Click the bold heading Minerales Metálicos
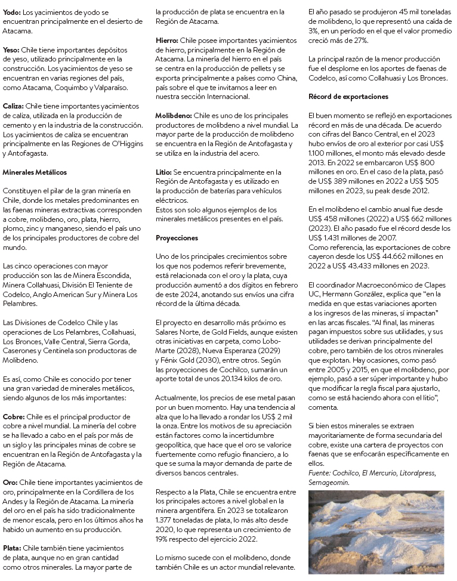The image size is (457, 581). coord(34,172)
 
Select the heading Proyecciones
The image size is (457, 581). coord(177,237)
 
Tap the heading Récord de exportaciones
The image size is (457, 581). coord(348,96)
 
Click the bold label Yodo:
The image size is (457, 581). coord(11,11)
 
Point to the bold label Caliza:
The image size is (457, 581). coord(14,106)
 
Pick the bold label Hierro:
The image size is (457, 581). coord(167,41)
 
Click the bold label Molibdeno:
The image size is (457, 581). coord(174,116)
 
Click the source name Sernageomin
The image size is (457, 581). coord(329,482)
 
